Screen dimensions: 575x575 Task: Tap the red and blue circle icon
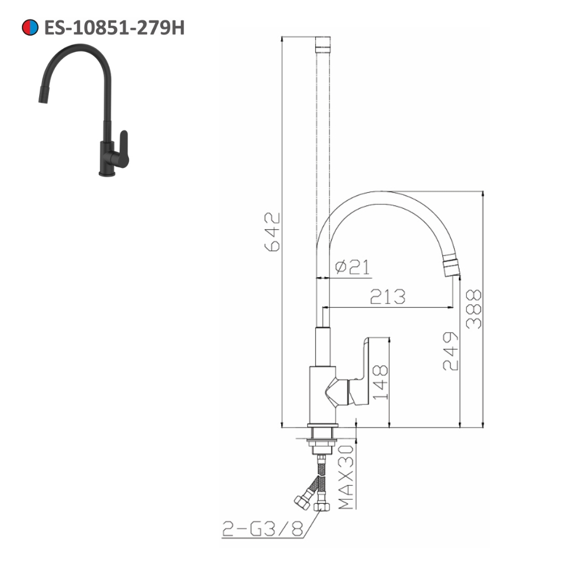(29, 28)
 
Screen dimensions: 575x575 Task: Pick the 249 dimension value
(450, 351)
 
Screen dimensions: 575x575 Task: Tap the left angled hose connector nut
(301, 501)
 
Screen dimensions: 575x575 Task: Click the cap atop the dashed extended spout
(324, 44)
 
